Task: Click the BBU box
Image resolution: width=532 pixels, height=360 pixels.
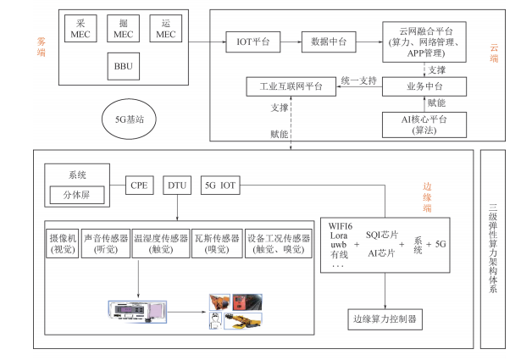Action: point(124,65)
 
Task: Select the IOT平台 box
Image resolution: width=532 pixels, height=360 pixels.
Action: point(249,40)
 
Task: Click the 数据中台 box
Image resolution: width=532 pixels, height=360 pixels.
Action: point(325,40)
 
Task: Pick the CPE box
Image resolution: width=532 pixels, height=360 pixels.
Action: point(139,184)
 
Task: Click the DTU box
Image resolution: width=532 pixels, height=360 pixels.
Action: point(176,184)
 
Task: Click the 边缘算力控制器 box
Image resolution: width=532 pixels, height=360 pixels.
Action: point(385,319)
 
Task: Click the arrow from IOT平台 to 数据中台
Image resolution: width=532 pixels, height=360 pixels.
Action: point(286,40)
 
